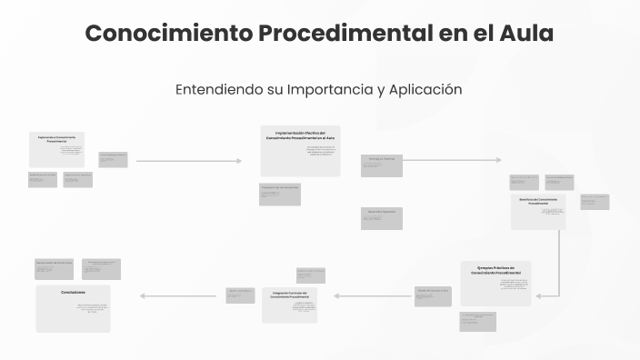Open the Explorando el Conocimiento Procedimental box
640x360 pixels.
(56, 149)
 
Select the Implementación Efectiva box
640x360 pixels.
(300, 150)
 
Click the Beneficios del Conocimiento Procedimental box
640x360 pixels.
(538, 212)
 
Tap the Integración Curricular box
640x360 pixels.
(289, 305)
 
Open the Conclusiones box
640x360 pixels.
(73, 308)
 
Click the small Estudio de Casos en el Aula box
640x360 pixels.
(433, 296)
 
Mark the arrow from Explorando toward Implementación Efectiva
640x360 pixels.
(188, 161)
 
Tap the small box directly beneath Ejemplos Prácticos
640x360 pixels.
(477, 321)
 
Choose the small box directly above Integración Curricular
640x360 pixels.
(310, 275)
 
